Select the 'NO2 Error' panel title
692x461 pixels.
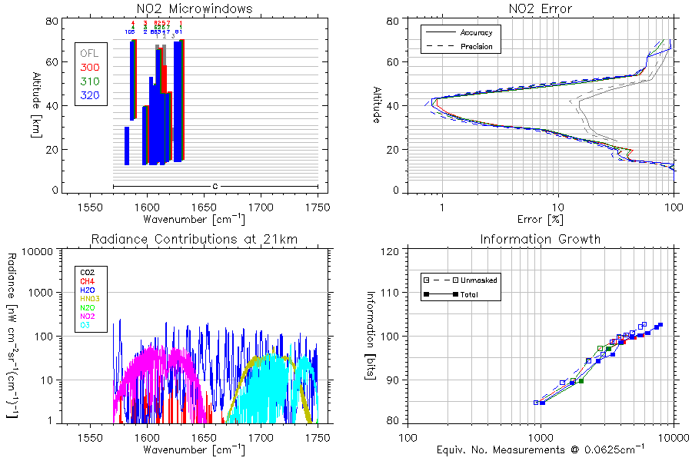pos(541,8)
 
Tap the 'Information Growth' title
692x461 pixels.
pos(541,239)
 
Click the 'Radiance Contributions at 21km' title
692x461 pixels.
pos(194,239)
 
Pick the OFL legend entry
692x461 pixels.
pos(89,54)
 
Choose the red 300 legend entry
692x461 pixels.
pos(89,68)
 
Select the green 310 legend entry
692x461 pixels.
pos(89,82)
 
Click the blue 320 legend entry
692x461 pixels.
pos(89,96)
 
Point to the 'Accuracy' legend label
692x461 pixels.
pos(476,33)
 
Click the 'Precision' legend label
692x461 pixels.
pos(476,47)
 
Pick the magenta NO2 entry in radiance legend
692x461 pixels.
pos(87,317)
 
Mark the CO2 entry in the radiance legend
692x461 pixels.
pos(87,272)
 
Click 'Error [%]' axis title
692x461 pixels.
pos(541,220)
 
